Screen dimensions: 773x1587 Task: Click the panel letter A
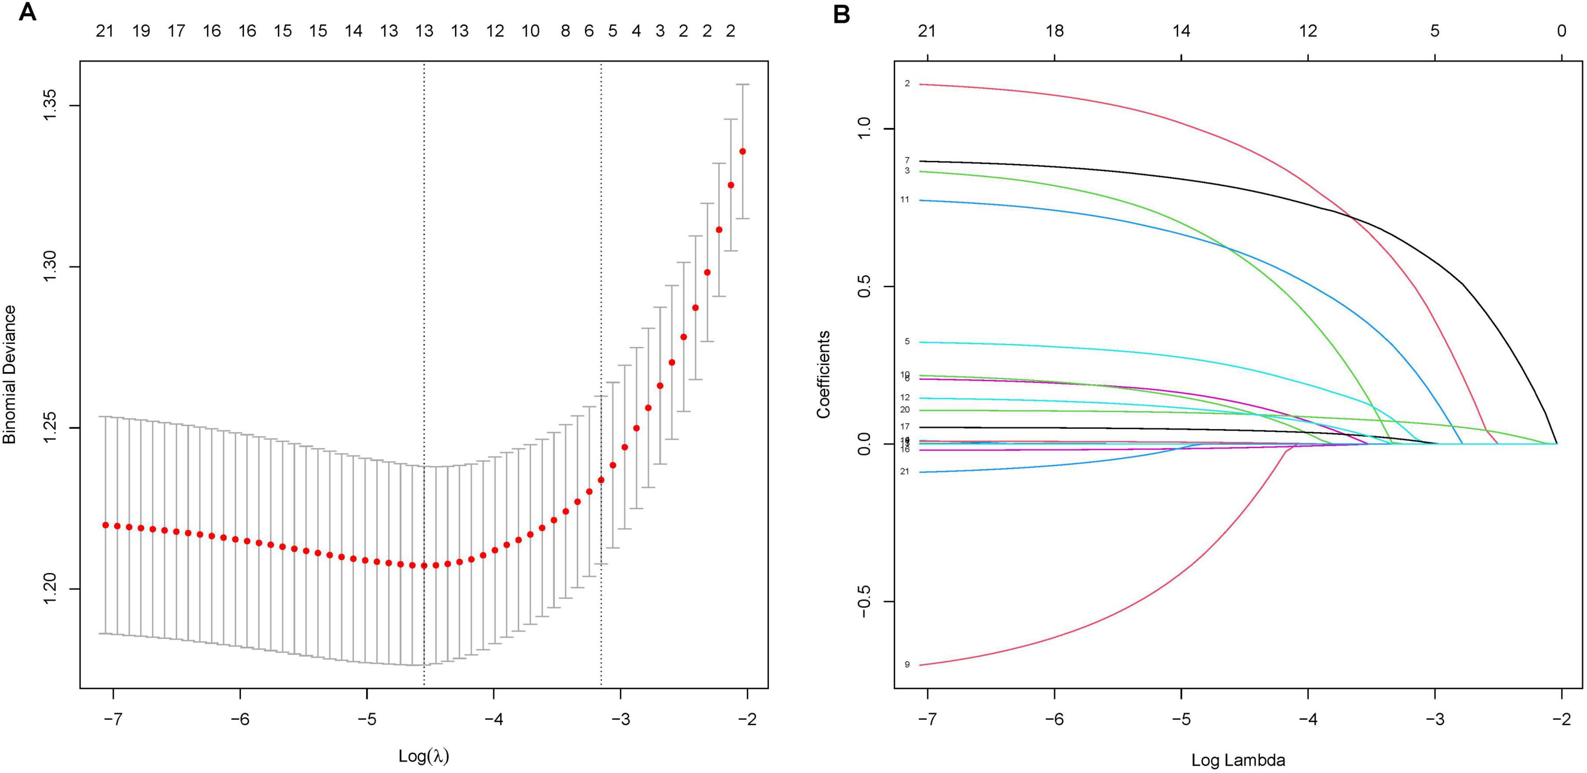pos(27,12)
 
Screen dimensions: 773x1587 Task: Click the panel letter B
pos(842,13)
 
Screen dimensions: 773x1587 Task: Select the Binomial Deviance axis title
pos(9,374)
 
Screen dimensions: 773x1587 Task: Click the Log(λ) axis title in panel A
pos(424,756)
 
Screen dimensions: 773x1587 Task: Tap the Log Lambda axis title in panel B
pos(1238,760)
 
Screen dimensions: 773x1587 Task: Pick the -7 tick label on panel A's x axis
pos(113,719)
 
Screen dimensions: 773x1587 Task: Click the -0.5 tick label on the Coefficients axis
pos(864,601)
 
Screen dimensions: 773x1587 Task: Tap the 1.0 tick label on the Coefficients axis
pos(864,129)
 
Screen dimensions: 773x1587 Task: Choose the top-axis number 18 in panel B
pos(1054,31)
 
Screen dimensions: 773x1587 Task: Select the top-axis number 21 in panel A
pos(105,31)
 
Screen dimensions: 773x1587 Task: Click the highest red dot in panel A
pos(742,151)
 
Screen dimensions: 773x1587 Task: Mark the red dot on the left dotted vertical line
pos(424,565)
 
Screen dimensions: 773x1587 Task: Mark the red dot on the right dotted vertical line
pos(601,479)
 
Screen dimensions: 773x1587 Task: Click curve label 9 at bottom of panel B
pos(907,664)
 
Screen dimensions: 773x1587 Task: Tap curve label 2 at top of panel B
pos(907,83)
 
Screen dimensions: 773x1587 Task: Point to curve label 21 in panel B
pos(904,471)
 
